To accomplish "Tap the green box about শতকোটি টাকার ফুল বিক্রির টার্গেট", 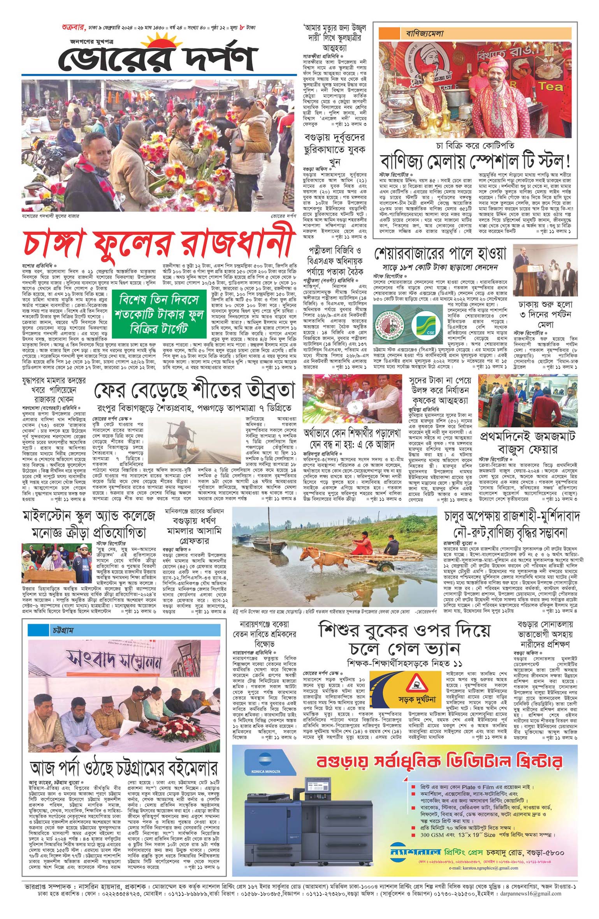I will coord(160,314).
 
